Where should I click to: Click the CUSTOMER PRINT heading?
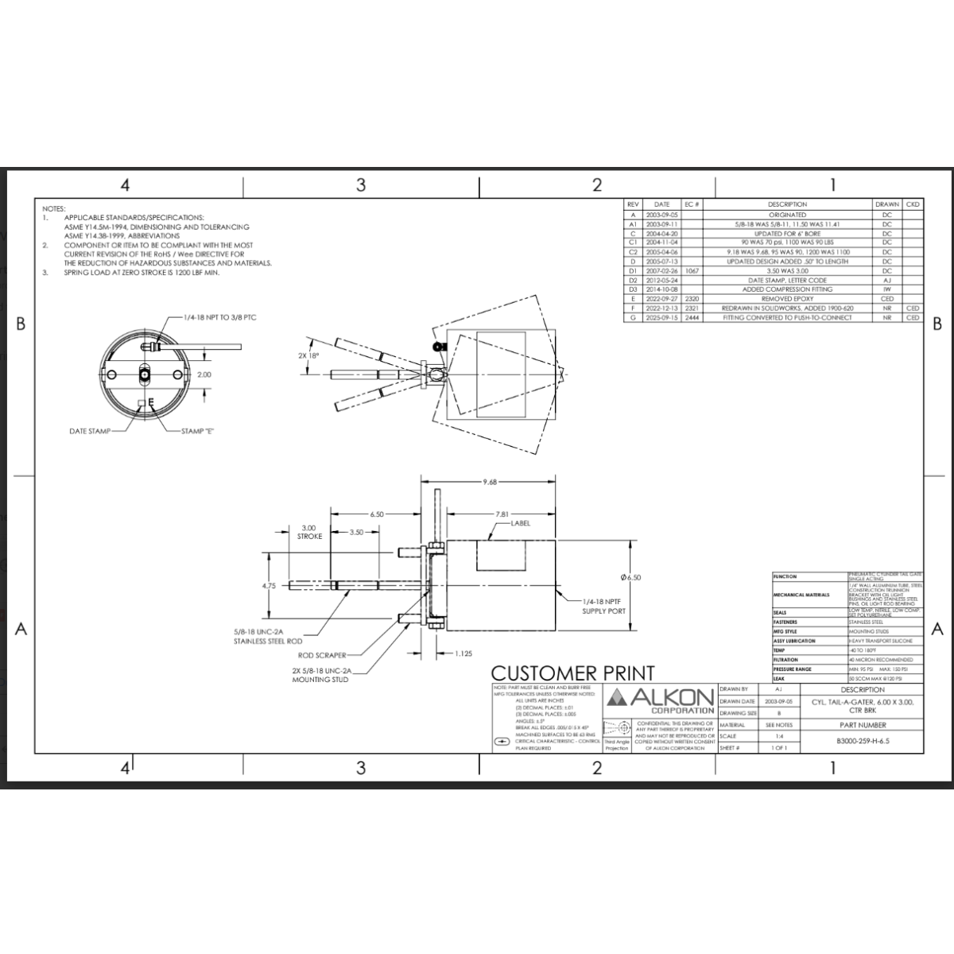point(572,673)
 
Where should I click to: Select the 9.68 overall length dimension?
point(489,481)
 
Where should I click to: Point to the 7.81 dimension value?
point(501,514)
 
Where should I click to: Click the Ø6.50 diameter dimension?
point(630,577)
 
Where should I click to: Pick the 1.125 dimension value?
point(463,653)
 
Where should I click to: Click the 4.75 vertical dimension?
point(269,586)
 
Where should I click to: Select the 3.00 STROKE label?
point(308,532)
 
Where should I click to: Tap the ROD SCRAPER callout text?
point(322,656)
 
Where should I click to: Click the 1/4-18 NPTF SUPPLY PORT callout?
point(604,607)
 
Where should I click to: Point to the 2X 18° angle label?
point(308,355)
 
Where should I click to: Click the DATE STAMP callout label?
point(89,431)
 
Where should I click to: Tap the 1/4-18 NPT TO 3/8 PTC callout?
point(219,317)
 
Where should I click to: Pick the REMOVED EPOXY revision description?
point(787,299)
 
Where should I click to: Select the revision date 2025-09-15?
point(661,317)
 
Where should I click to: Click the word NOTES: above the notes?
point(54,208)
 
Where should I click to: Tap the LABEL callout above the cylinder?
point(521,523)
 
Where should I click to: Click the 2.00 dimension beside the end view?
point(204,374)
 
